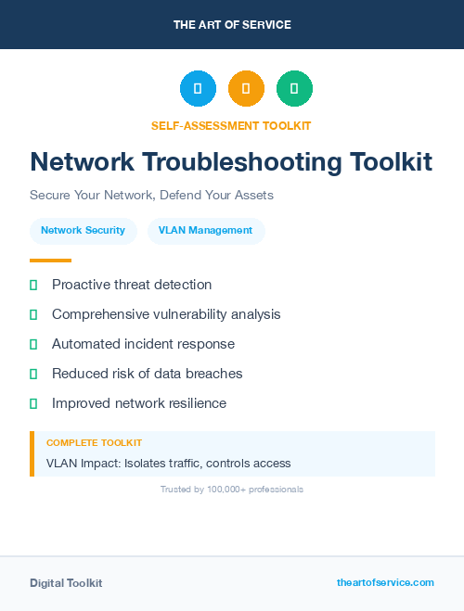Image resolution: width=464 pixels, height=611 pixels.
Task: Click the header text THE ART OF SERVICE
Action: coord(232,25)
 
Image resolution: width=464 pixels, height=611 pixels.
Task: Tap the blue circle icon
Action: coord(198,88)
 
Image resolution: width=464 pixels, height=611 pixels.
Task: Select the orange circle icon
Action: coord(246,88)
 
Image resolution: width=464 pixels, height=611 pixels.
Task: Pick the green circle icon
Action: coord(294,88)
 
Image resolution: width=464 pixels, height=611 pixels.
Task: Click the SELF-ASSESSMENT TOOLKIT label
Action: coord(232,125)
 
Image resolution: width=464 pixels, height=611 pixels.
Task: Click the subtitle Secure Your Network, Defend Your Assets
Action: coord(151,196)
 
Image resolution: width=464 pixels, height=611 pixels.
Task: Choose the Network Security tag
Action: coord(83,230)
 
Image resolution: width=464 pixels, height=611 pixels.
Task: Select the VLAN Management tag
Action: coord(205,230)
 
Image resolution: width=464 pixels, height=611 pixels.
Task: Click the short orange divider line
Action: coord(50,261)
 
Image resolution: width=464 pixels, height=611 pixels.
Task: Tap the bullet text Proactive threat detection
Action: coord(132,285)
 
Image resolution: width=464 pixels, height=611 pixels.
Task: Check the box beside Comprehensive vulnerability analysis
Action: coord(33,314)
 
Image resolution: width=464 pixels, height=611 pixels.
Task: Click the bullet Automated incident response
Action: coord(143,344)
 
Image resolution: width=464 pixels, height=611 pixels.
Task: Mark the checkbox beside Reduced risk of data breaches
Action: coord(33,374)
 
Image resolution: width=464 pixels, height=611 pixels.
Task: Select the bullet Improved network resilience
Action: coord(139,403)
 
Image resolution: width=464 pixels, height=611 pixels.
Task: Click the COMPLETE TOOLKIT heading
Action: coord(94,443)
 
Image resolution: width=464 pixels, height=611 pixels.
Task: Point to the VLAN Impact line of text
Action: coord(168,463)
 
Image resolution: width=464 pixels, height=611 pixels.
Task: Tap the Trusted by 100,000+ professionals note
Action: coord(232,489)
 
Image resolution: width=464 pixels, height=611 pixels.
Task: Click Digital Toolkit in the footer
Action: coord(66,583)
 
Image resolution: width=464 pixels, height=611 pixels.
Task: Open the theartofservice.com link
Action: coord(385,582)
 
